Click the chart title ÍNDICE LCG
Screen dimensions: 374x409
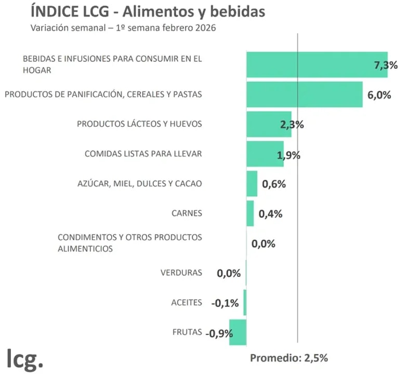pos(148,11)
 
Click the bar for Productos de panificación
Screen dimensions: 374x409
pos(304,95)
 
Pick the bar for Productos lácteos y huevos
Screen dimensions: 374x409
pos(268,124)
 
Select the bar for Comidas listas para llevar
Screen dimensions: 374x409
pos(265,154)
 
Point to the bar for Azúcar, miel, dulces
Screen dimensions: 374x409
pos(252,184)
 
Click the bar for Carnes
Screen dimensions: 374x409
pos(250,213)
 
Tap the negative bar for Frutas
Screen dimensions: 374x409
pos(238,333)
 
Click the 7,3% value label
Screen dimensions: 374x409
pos(386,65)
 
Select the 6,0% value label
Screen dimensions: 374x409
pos(379,95)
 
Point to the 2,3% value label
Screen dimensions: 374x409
pos(292,125)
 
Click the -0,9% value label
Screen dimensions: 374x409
pos(219,333)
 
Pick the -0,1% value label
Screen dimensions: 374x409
pos(225,303)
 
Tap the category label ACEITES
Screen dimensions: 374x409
pos(186,303)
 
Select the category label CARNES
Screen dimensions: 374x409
pos(186,213)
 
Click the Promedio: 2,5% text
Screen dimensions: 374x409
pos(288,358)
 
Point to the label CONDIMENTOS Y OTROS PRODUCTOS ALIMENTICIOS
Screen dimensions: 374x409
pos(129,243)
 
